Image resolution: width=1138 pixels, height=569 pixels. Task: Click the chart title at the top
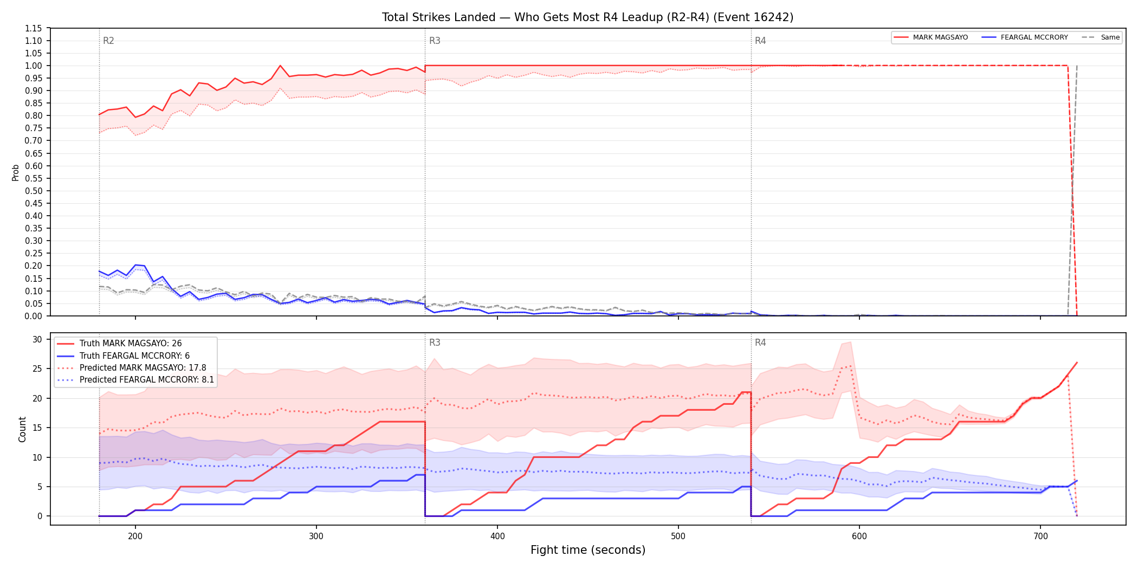[x=587, y=17]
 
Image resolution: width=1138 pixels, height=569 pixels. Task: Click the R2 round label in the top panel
[x=108, y=41]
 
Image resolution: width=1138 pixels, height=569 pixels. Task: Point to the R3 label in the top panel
[x=435, y=41]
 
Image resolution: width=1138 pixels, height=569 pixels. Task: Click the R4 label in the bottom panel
[x=760, y=342]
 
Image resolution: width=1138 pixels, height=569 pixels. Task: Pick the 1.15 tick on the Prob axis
[x=34, y=28]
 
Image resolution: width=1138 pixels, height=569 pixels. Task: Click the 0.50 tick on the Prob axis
[x=34, y=191]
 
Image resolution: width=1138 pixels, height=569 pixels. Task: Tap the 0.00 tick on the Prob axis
[x=34, y=316]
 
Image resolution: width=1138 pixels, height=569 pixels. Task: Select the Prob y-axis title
[x=16, y=172]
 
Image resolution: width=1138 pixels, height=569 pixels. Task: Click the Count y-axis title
[x=22, y=429]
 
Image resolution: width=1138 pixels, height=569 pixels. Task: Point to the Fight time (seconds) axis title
[x=588, y=550]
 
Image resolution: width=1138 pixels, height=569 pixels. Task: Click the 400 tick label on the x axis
[x=497, y=536]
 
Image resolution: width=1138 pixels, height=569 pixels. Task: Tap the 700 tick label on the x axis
[x=1040, y=536]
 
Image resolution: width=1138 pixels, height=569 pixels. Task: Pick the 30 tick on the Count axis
[x=37, y=340]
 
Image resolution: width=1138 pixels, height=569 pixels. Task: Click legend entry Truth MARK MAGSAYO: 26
[x=131, y=344]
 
